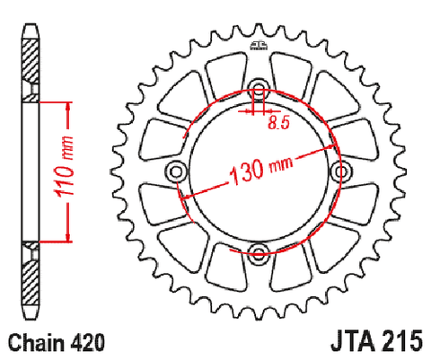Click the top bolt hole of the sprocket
[x=259, y=87]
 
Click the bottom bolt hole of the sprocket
[x=259, y=251]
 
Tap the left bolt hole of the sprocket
[x=175, y=171]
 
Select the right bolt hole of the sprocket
[x=341, y=171]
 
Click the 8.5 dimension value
[x=278, y=122]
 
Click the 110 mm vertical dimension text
[x=63, y=167]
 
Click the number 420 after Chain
[x=88, y=342]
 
